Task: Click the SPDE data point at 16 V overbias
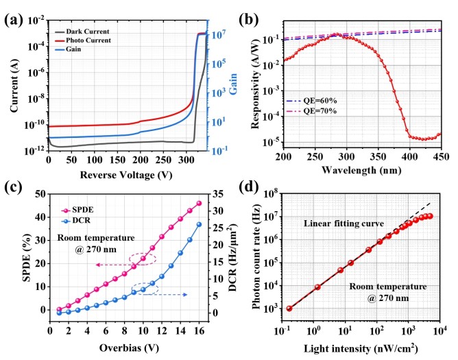[x=200, y=203]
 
